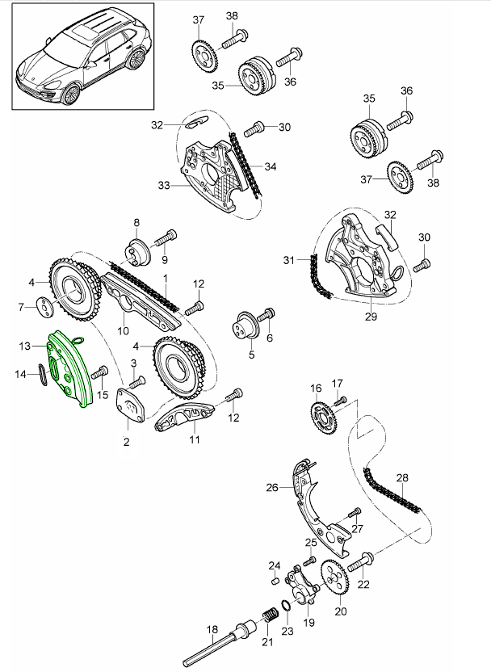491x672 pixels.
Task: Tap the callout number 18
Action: pyautogui.click(x=212, y=629)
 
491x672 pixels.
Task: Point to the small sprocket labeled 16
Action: pyautogui.click(x=323, y=416)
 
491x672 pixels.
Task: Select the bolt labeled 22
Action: pyautogui.click(x=364, y=561)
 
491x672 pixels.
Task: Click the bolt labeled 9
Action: pyautogui.click(x=167, y=238)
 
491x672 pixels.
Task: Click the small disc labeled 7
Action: pyautogui.click(x=42, y=307)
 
